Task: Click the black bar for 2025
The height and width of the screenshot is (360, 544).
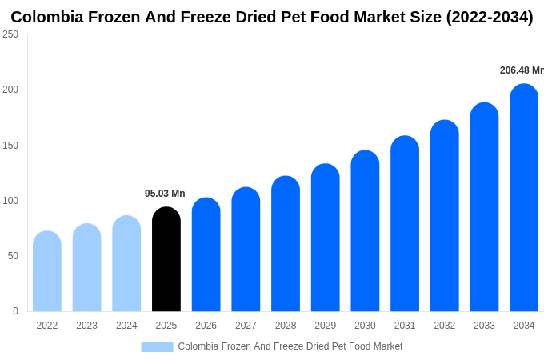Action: point(166,259)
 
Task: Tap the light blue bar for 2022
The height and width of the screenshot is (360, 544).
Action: point(47,271)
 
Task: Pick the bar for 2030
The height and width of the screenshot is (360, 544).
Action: point(365,231)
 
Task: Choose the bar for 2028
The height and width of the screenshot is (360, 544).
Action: point(286,244)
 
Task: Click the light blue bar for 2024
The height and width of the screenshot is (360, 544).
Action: point(126,263)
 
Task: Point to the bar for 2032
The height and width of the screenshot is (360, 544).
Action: point(445,216)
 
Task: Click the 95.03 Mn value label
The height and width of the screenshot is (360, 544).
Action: point(165,194)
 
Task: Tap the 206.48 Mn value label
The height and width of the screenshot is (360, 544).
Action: point(521,70)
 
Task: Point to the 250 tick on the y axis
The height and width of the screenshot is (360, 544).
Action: point(10,34)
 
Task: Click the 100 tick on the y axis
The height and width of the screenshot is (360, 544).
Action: point(10,201)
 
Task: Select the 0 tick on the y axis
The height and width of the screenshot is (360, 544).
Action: point(15,311)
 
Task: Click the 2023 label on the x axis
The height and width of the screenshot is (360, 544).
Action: point(86,326)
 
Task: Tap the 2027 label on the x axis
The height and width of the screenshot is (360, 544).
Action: point(246,326)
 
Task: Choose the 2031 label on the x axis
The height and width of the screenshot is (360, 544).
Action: point(405,326)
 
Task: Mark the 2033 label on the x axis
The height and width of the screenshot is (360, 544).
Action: point(484,326)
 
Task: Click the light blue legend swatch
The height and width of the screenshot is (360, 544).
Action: point(157,347)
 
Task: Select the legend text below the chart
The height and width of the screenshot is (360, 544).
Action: point(290,346)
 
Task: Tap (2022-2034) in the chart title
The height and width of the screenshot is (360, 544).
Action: point(482,17)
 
